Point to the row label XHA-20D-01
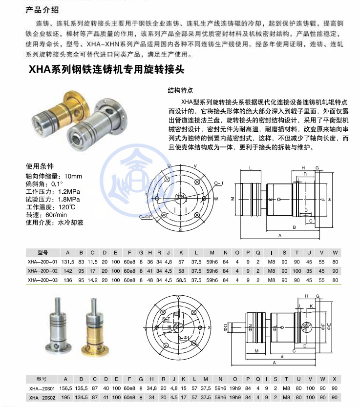pos(42,262)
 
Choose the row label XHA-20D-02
pos(42,271)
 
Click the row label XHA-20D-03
pos(42,280)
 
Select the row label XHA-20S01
pos(41,388)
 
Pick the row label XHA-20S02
pos(41,398)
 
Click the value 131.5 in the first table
pos(68,262)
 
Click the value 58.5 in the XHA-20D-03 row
pos(181,280)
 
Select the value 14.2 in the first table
pos(93,280)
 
